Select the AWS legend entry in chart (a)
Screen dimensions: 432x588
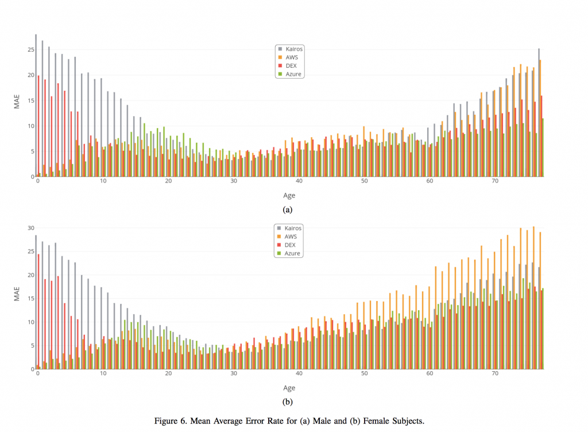(291, 57)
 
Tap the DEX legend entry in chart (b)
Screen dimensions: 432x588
(291, 245)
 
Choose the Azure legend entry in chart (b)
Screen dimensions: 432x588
(292, 253)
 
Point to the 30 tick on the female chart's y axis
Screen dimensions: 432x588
(30, 227)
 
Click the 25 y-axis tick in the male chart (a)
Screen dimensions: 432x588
(30, 49)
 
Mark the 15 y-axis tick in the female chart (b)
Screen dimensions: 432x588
(30, 298)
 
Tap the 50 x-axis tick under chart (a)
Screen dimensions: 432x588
(364, 182)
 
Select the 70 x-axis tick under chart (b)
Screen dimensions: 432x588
(495, 373)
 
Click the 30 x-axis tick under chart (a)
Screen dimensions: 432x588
(234, 182)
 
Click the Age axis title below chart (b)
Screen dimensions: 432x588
(289, 388)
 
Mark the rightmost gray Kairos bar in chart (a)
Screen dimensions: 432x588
(539, 113)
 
